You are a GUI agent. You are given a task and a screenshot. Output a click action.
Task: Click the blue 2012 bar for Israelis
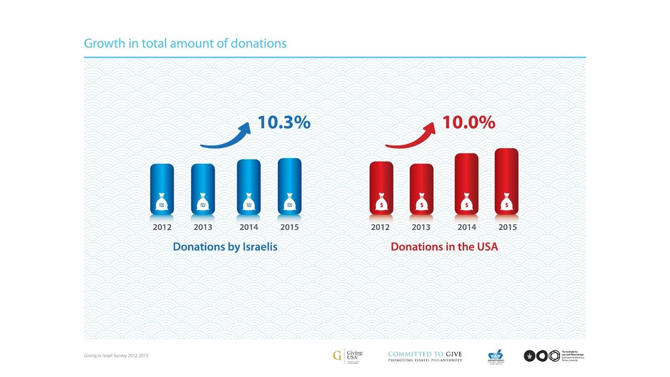pos(162,188)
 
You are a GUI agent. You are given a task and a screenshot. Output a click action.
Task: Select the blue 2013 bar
pos(203,188)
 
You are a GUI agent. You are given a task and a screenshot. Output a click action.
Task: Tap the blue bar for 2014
pos(249,186)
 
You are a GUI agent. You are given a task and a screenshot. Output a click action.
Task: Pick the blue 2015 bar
pos(289,186)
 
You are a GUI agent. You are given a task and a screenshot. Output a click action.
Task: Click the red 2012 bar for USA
pos(381,187)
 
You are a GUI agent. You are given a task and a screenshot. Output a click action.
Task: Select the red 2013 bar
pos(421,188)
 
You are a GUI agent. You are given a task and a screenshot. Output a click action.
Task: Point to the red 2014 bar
pos(466,184)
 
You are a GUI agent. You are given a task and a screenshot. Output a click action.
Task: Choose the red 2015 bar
pos(507,181)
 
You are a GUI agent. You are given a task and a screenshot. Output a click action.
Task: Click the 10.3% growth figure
pos(284,123)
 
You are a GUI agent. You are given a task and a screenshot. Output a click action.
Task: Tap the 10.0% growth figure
pos(468,123)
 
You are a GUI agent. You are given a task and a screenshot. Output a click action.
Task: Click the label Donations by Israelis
pos(225,246)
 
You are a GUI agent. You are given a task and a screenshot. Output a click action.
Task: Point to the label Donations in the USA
pos(444,246)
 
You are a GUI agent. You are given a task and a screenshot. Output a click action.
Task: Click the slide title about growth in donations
pos(185,43)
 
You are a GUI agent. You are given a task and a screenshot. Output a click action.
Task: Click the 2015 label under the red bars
pos(507,227)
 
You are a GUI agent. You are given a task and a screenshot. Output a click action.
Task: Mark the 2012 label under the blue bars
pos(162,227)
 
